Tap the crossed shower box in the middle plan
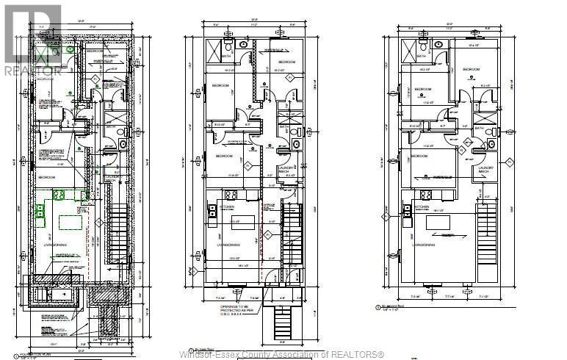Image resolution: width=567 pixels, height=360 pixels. click(x=212, y=53)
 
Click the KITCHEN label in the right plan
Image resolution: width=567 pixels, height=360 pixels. click(x=422, y=207)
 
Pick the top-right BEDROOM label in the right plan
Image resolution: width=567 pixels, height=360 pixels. click(x=471, y=69)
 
